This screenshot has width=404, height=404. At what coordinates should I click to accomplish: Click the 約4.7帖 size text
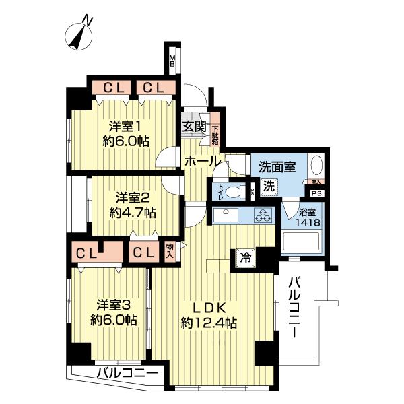[133, 213]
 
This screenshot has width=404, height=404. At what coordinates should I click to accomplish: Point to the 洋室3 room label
[113, 304]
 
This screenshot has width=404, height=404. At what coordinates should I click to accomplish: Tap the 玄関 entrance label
[192, 125]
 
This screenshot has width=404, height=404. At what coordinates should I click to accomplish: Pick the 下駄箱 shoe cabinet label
[216, 135]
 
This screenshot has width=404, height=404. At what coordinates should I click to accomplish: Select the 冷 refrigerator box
[244, 257]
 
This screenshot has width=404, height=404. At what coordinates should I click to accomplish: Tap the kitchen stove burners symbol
[262, 215]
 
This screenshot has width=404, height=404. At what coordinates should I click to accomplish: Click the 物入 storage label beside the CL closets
[170, 252]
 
